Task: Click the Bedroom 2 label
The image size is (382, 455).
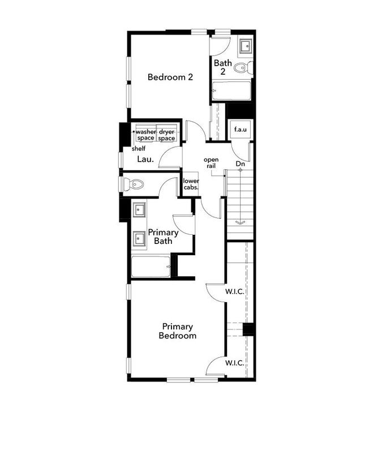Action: tap(170, 78)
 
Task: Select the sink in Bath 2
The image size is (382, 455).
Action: tap(246, 45)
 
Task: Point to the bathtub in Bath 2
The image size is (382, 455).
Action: tap(231, 91)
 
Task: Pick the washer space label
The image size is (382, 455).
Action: tap(145, 135)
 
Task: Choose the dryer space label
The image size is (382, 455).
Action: tap(166, 135)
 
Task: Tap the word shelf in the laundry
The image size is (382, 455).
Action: tap(139, 149)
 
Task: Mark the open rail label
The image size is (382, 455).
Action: tap(211, 162)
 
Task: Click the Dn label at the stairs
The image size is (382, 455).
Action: tap(241, 164)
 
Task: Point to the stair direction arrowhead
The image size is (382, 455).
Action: tap(241, 222)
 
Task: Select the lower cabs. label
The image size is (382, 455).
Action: tap(191, 185)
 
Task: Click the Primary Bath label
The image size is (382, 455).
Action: tap(163, 237)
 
